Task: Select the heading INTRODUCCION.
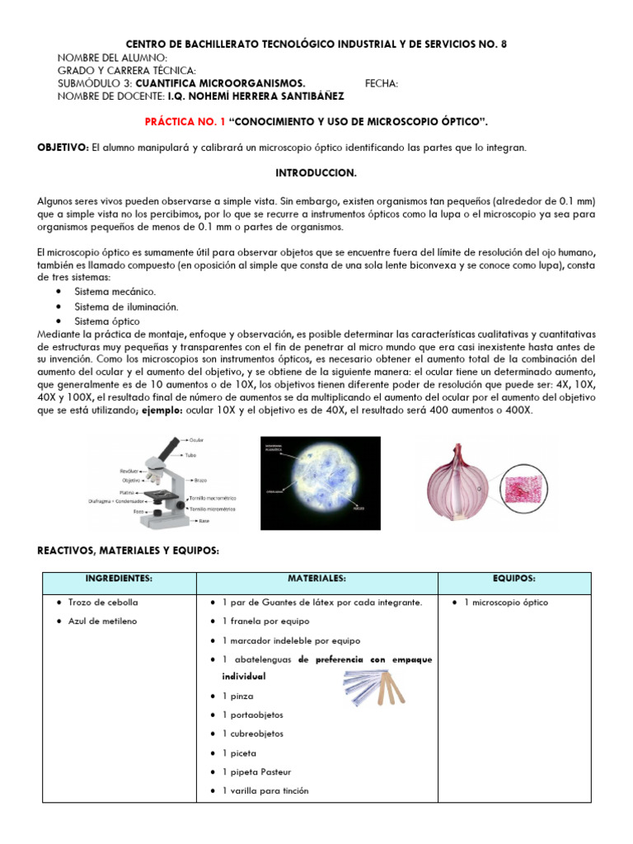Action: coord(316,173)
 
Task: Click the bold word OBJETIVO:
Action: coord(63,148)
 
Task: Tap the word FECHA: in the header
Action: coord(382,83)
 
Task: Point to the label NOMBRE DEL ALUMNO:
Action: coord(112,58)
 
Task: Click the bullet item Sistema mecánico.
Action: coord(115,292)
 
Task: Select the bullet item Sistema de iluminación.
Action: coord(126,307)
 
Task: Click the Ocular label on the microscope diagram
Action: coord(197,441)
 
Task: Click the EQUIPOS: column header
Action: coord(514,579)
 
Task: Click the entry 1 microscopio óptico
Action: coord(505,603)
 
